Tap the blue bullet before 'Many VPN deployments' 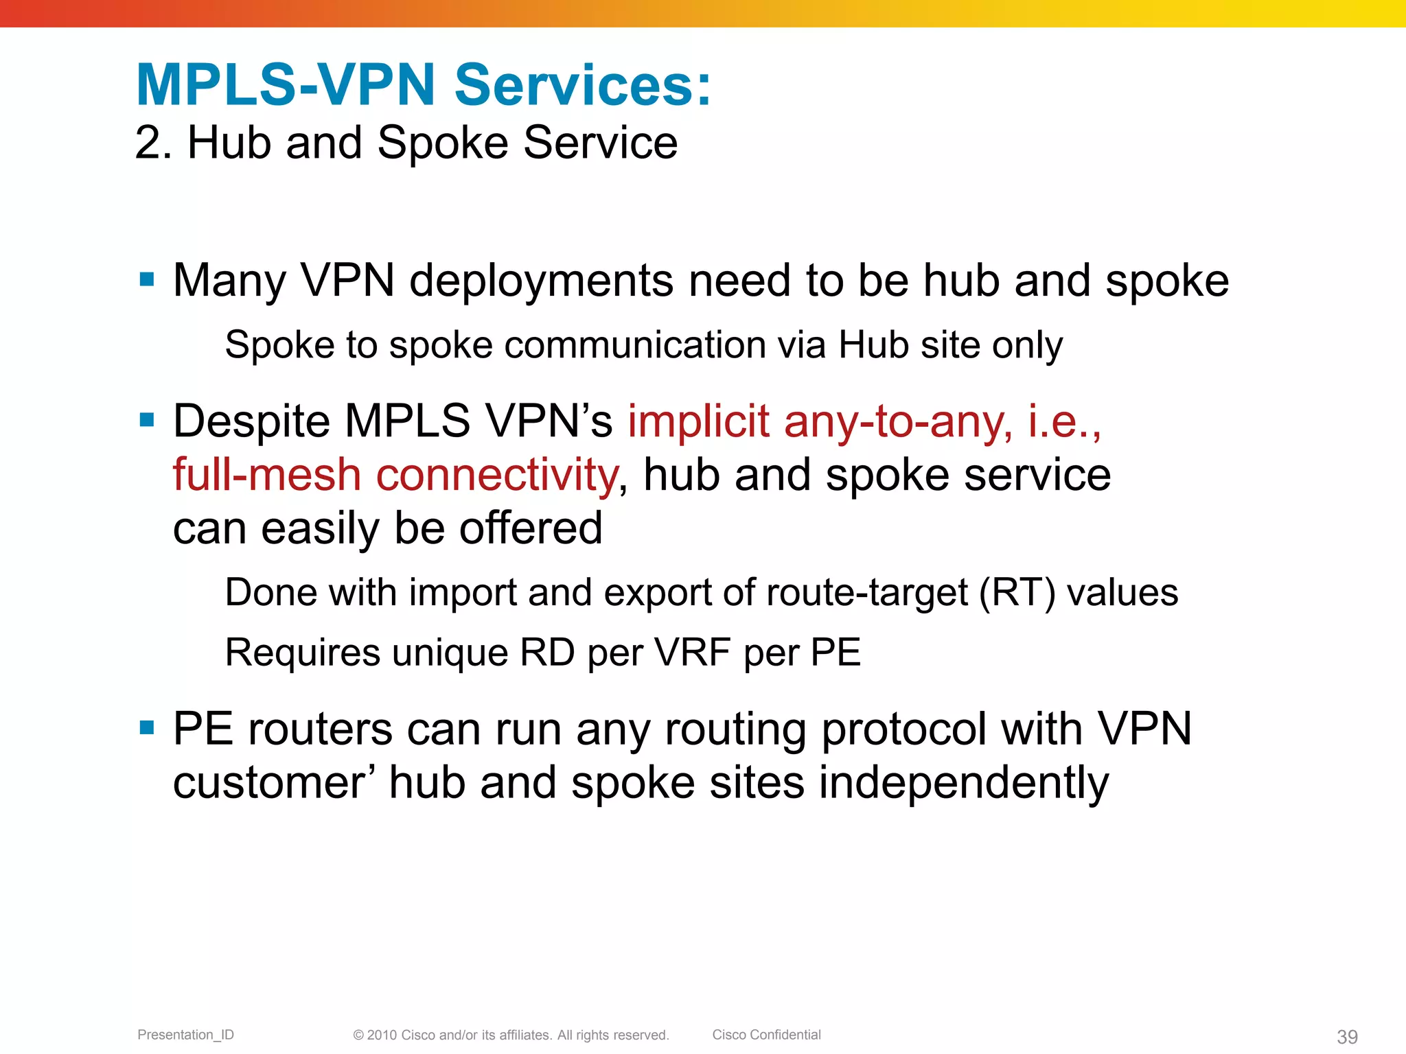tap(146, 279)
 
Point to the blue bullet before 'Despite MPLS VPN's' tap(146, 419)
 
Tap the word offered tap(530, 528)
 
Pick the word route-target tap(866, 594)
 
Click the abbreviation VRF tap(693, 652)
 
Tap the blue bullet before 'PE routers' tap(146, 727)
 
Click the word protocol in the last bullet tap(903, 729)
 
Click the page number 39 tap(1347, 1037)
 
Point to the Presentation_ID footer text tap(185, 1035)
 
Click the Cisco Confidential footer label tap(766, 1035)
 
